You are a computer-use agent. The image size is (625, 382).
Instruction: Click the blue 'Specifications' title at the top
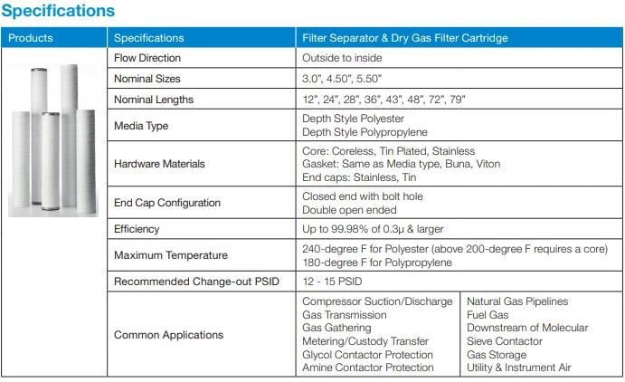tap(58, 11)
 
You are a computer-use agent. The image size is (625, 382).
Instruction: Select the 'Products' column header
tap(30, 38)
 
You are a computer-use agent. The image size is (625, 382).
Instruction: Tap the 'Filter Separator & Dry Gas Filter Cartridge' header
tap(405, 38)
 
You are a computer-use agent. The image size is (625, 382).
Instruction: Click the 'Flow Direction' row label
tap(147, 58)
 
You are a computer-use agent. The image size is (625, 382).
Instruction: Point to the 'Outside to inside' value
tap(342, 58)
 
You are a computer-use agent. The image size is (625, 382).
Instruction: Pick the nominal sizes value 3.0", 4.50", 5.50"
tap(342, 79)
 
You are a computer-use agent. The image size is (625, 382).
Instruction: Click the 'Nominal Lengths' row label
tap(154, 100)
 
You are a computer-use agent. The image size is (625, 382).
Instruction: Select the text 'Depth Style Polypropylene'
tap(365, 132)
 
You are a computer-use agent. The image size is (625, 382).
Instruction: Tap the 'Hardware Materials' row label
tap(159, 164)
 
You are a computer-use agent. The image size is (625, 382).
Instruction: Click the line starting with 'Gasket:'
tap(401, 164)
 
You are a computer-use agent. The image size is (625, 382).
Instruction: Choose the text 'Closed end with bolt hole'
tap(363, 196)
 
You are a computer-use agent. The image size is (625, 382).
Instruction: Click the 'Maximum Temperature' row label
tap(171, 255)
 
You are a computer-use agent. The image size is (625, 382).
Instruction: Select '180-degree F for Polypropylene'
tap(376, 263)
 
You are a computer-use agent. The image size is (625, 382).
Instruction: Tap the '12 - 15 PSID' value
tap(332, 282)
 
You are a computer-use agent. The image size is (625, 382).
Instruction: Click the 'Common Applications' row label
tap(168, 335)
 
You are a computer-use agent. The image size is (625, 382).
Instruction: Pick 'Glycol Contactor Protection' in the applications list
tap(367, 355)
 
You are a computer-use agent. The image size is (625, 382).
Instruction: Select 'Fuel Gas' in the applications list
tap(488, 315)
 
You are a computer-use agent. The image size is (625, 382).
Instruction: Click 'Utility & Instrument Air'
tap(518, 368)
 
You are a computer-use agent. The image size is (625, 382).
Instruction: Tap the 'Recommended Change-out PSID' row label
tap(196, 282)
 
